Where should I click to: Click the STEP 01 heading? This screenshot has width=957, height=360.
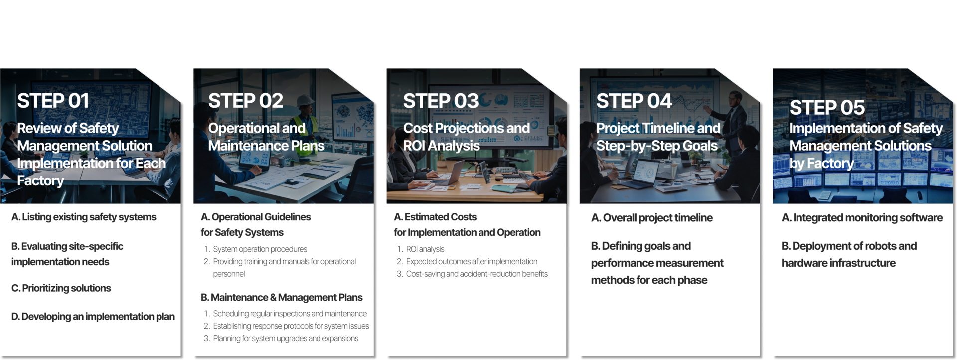pos(53,101)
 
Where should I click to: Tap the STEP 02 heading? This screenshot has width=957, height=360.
pos(246,101)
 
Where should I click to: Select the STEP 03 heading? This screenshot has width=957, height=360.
pos(441,101)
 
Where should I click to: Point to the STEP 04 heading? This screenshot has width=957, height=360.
pos(634,101)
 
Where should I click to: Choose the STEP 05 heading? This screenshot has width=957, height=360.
pos(827,107)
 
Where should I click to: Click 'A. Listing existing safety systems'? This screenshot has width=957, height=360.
pos(84,217)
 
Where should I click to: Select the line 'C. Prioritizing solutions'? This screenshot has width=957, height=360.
pos(61,288)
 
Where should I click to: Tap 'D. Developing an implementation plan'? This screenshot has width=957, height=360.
pos(93,317)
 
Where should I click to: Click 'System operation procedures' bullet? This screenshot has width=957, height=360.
pos(260,249)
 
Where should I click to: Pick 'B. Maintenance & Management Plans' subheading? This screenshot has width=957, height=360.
pos(282,297)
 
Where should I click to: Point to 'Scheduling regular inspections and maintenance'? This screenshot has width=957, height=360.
pos(290,314)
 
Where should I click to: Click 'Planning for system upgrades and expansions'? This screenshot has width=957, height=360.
pos(286,338)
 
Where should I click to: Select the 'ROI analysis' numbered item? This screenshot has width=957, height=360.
pos(425,249)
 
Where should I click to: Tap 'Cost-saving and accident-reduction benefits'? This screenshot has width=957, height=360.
pos(477,274)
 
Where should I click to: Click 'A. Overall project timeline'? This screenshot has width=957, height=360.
pos(652,218)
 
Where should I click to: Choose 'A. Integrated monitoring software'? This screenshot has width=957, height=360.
pos(862,218)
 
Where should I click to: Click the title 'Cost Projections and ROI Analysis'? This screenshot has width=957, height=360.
pos(467,137)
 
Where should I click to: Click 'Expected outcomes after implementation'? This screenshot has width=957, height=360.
pos(472,261)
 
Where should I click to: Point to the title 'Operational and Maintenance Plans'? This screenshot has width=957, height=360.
pos(266,137)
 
